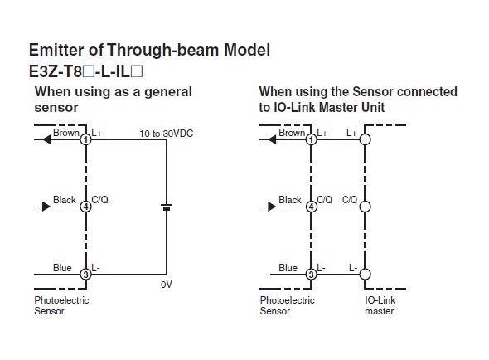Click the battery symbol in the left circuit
[x=167, y=207]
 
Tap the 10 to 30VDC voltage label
[x=167, y=134]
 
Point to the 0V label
[x=167, y=285]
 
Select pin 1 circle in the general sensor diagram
[x=85, y=139]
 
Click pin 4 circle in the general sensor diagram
[x=85, y=207]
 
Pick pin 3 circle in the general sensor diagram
[x=85, y=274]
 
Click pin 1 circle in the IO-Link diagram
[x=311, y=139]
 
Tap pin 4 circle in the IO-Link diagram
[x=311, y=207]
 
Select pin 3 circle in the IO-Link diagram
[x=311, y=274]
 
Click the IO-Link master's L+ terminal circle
[x=365, y=139]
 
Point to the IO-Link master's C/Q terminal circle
[x=365, y=207]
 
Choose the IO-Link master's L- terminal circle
[x=365, y=274]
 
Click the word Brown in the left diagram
[x=66, y=133]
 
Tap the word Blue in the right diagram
[x=288, y=268]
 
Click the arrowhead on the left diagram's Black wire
[x=46, y=207]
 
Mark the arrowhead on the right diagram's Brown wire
[x=272, y=139]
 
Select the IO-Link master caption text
[x=380, y=305]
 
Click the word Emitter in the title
[x=56, y=50]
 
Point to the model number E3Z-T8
[x=56, y=72]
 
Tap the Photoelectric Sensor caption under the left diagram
[x=61, y=305]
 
